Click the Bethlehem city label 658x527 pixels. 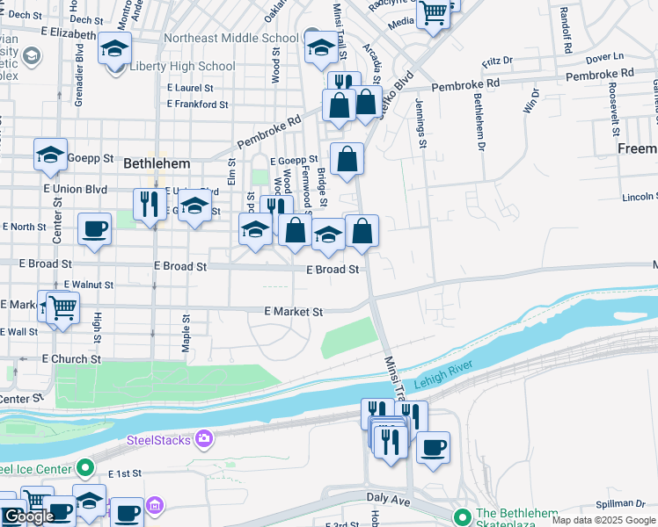[157, 163]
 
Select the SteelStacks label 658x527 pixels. [159, 440]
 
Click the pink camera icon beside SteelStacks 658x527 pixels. [204, 438]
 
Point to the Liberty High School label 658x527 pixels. [182, 67]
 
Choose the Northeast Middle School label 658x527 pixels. [231, 39]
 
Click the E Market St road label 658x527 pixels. [293, 312]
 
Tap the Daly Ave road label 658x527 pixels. [388, 498]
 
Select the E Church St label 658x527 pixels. [71, 359]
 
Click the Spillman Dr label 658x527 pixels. [621, 504]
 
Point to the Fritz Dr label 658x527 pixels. [497, 63]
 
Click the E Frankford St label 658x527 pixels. [198, 105]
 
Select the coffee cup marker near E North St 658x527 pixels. [94, 229]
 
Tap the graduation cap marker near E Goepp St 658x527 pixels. [51, 155]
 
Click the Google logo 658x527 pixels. [29, 516]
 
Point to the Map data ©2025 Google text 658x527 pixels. [603, 520]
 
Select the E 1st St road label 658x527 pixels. [125, 473]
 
